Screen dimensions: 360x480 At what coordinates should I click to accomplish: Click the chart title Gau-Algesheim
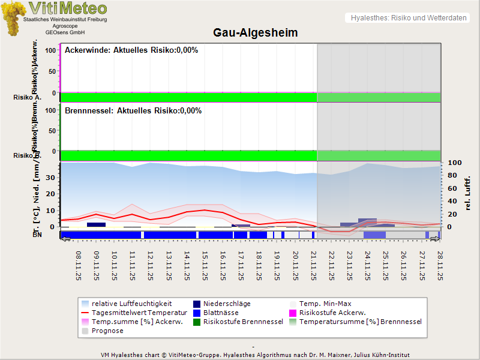(256, 32)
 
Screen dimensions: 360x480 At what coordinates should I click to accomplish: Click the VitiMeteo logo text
(68, 8)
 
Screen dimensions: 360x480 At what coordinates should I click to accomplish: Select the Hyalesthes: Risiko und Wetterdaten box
(407, 18)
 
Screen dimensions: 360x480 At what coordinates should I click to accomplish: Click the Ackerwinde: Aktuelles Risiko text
(131, 50)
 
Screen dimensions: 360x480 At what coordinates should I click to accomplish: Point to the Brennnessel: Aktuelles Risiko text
(133, 110)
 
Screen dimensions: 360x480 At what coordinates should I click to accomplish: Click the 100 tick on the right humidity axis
(454, 163)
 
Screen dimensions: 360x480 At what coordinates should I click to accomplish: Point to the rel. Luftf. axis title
(468, 192)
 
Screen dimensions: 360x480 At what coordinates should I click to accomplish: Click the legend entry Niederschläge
(227, 304)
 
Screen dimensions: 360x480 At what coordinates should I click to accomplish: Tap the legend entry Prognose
(107, 331)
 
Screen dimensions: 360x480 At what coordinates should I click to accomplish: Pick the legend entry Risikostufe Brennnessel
(243, 322)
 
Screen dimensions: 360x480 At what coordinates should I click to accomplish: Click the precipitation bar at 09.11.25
(96, 224)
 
